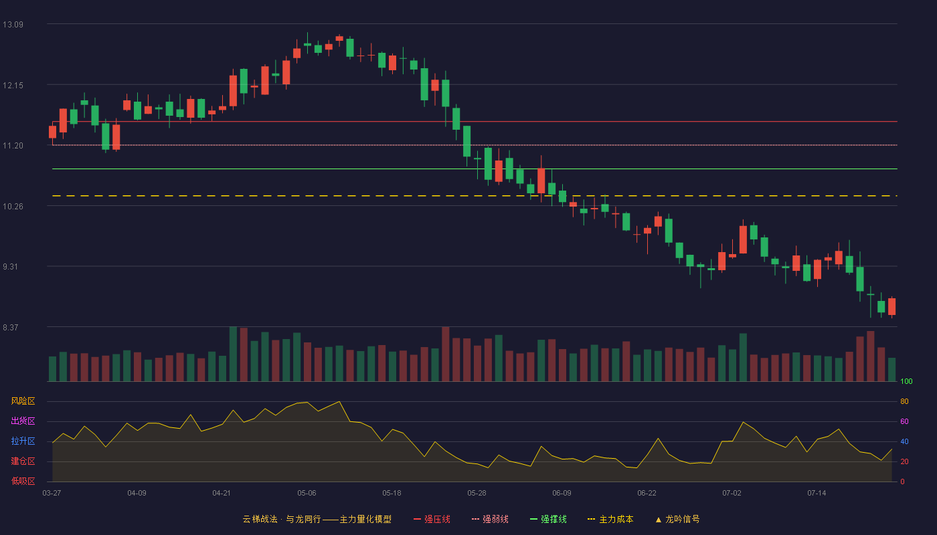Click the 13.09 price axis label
13,25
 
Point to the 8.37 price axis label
11,328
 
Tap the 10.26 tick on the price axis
13,207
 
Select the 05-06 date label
307,494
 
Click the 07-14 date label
817,494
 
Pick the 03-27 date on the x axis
52,494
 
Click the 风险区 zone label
23,401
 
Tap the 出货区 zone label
23,421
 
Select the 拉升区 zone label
23,441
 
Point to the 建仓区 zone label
23,461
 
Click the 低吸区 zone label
23,481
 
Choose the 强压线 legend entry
432,519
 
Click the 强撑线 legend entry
548,519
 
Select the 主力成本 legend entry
610,519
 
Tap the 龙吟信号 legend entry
677,519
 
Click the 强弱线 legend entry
490,519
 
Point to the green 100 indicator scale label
906,381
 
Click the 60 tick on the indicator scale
904,421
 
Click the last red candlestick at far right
891,307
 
